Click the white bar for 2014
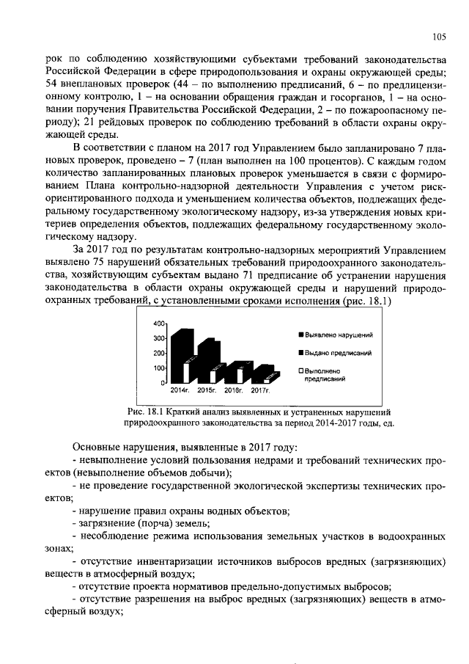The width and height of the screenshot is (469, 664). tap(186, 373)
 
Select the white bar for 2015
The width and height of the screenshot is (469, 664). tap(213, 376)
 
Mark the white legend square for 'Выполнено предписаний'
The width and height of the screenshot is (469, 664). tap(300, 371)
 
